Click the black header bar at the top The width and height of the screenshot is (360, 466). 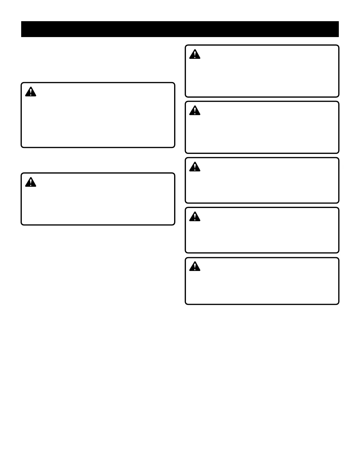(x=180, y=29)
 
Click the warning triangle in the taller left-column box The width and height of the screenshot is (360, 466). (x=31, y=92)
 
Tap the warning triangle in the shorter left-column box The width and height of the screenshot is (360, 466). (x=31, y=182)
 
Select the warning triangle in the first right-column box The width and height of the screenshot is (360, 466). (x=195, y=54)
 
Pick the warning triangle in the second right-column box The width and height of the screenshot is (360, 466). (x=195, y=111)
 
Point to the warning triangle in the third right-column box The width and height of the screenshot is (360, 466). (x=195, y=167)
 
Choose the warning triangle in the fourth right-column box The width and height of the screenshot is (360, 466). (x=195, y=217)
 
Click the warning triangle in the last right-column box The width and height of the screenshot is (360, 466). (x=195, y=267)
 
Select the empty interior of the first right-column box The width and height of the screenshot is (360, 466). (x=262, y=76)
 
